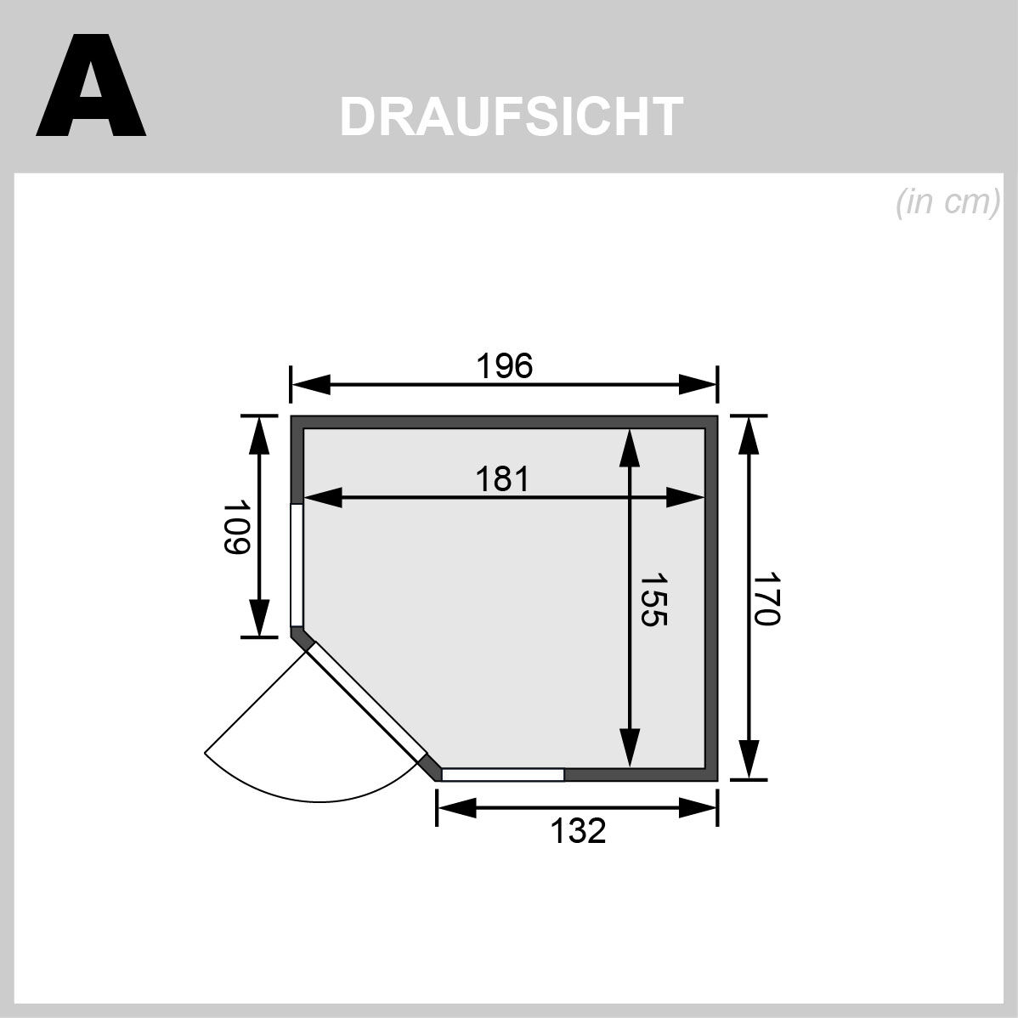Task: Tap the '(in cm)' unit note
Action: [x=947, y=204]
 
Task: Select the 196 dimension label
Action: [x=504, y=366]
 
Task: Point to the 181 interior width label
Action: [x=502, y=479]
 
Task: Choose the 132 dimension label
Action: [x=578, y=830]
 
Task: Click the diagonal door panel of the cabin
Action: [x=367, y=701]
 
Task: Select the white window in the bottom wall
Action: [x=503, y=774]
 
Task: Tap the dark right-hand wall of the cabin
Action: [x=711, y=595]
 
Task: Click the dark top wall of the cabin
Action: [x=504, y=422]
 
